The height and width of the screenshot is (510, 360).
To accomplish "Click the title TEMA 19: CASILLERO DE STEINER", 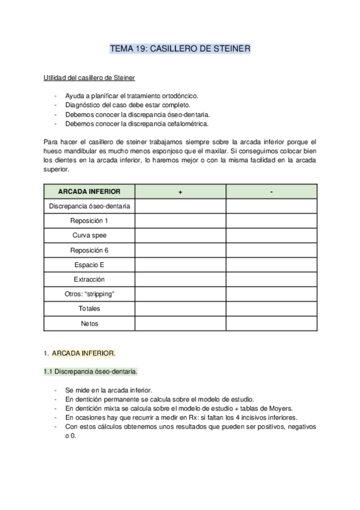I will (180, 49).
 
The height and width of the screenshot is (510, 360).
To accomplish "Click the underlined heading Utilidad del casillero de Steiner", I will (89, 78).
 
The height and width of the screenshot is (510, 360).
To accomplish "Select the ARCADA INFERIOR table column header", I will (89, 191).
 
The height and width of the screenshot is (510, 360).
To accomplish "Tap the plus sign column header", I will (180, 191).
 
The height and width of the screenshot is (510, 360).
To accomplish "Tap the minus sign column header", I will (272, 191).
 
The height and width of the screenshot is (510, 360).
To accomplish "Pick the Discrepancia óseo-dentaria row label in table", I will (89, 206).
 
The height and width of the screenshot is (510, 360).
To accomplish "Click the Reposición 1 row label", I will (89, 221).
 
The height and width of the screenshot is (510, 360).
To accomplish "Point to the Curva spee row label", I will (89, 235).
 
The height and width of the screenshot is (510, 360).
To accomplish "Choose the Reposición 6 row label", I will (89, 250).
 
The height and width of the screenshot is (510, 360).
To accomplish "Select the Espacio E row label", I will (89, 265).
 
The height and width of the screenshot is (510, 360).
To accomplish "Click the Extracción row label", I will (89, 279).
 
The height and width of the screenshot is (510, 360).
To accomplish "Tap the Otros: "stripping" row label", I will (89, 294).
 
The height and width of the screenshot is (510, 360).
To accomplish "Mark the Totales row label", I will (89, 309).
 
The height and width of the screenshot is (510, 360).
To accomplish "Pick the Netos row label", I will (89, 323).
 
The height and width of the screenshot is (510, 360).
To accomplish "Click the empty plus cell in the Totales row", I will (180, 309).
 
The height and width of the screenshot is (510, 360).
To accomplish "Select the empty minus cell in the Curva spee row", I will (272, 235).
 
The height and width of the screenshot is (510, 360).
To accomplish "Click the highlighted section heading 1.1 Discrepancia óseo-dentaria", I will (90, 371).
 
